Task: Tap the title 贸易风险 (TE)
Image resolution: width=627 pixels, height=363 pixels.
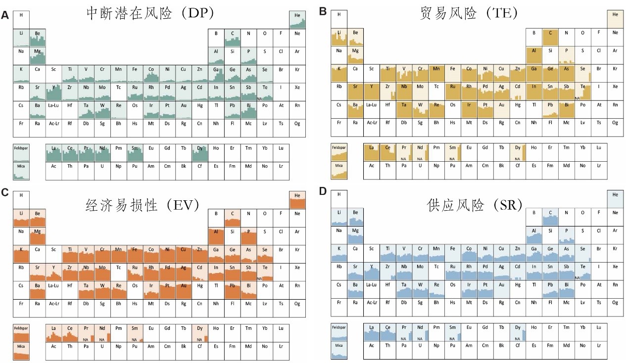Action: click(469, 13)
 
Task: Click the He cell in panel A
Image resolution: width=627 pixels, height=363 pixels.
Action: click(297, 19)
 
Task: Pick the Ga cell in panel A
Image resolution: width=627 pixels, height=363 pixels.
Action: click(216, 73)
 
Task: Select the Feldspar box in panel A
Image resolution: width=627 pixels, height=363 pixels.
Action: click(21, 152)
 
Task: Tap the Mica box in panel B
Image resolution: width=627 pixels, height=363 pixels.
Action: click(339, 171)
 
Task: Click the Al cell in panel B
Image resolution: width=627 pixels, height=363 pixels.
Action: click(534, 54)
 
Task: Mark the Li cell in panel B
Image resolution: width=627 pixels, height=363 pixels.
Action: click(339, 38)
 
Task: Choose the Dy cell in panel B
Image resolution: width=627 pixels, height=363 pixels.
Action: click(518, 152)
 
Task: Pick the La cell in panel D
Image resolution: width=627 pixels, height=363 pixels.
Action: click(371, 331)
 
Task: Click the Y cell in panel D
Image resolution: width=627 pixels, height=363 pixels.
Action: click(371, 272)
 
